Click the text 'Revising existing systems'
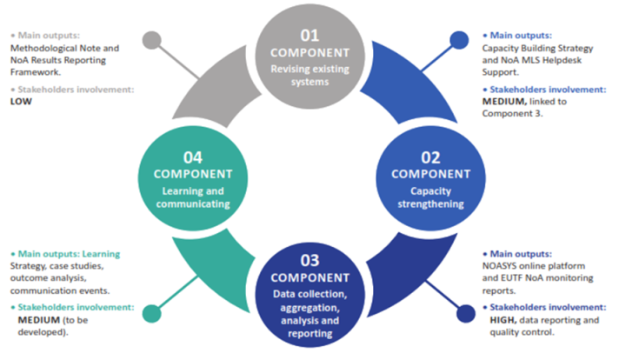pos(309,76)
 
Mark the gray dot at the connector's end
pos(154,38)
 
